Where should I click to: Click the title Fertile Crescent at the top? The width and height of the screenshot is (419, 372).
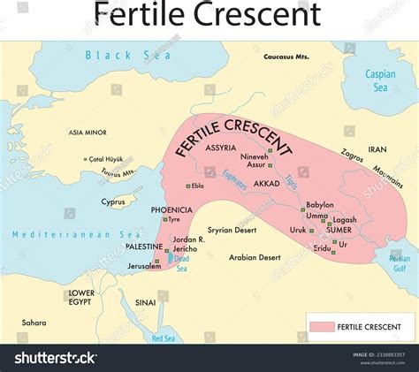[x=209, y=15]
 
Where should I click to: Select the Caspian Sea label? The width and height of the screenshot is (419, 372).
[x=381, y=80]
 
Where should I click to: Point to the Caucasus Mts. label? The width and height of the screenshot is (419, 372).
[x=288, y=57]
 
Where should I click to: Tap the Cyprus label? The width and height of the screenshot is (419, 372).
[x=114, y=201]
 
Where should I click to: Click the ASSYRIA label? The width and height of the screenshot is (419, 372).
[x=221, y=148]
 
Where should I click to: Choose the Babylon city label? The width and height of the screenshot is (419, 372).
[x=319, y=205]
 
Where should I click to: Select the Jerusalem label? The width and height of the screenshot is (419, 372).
[x=141, y=266]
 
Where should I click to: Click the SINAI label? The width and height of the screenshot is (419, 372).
[x=144, y=302]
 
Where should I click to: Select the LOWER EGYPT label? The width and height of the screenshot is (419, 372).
[x=82, y=297]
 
